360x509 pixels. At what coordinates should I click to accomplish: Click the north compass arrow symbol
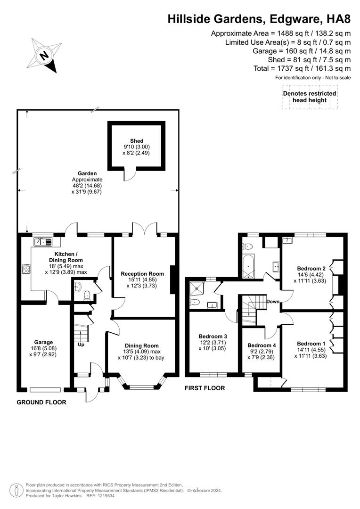point(45,55)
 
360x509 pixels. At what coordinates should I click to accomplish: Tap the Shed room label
point(137,141)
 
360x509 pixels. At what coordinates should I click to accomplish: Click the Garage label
point(43,342)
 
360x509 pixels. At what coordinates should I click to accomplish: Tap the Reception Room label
point(142,274)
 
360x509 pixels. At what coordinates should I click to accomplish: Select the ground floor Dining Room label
point(142,345)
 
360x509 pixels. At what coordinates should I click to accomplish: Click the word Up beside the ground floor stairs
point(81,345)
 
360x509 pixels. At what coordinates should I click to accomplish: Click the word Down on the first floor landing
point(273,302)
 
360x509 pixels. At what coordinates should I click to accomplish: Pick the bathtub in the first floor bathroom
point(248,268)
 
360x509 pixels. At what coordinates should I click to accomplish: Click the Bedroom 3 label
point(213,336)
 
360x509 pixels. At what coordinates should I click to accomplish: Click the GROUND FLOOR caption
point(41,402)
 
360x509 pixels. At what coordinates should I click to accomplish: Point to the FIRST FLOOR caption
point(205,388)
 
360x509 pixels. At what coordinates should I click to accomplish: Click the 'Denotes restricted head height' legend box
point(310,97)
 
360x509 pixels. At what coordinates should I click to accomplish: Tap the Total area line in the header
point(302,68)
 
